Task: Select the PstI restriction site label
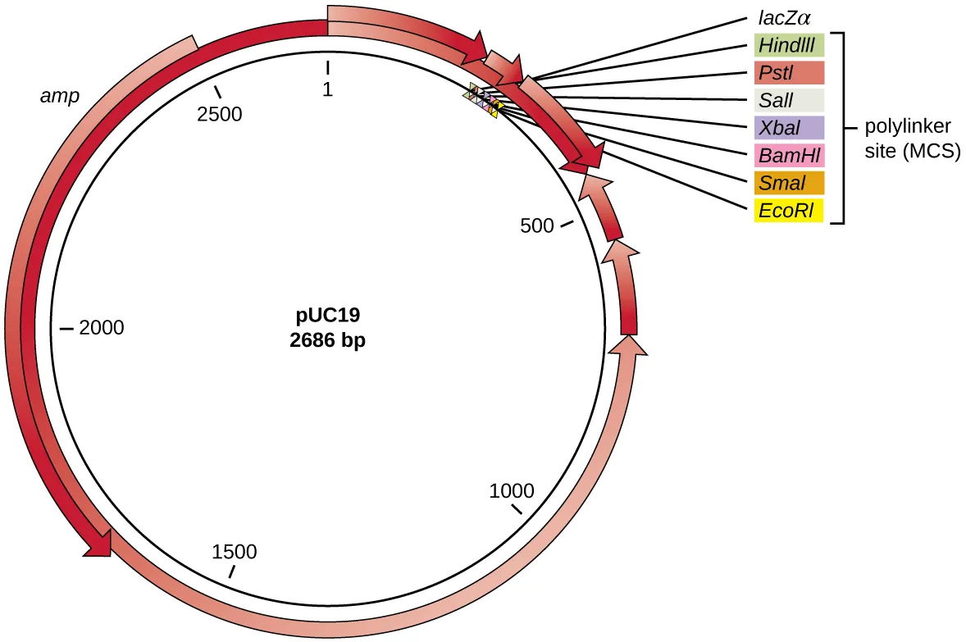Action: click(789, 74)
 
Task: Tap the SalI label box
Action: click(789, 101)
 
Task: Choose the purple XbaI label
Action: click(789, 128)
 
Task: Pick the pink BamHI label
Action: click(789, 155)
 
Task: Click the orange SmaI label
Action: click(789, 183)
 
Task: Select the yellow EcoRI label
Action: click(789, 211)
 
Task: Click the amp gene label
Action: click(60, 96)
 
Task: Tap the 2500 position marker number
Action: click(220, 114)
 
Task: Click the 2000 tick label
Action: click(102, 329)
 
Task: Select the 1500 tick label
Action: click(235, 552)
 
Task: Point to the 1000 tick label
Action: click(512, 492)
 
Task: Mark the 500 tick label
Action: click(538, 226)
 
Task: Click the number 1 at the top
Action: click(327, 90)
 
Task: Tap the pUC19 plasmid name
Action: click(328, 315)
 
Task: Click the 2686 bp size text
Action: click(328, 342)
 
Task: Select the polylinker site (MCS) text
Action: click(913, 139)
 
